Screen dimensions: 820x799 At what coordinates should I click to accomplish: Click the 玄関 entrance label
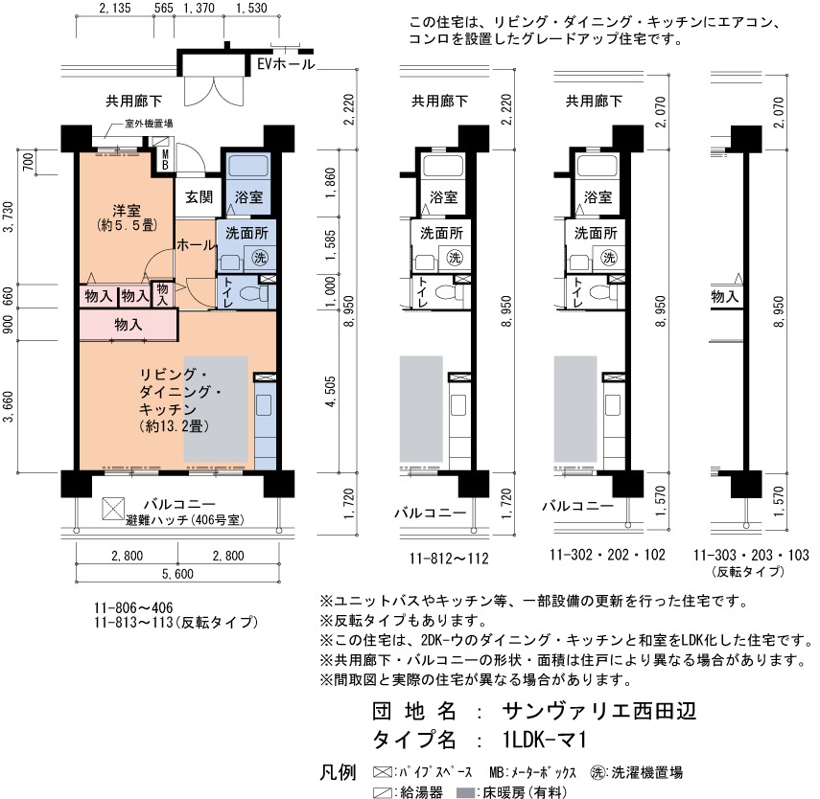click(x=199, y=197)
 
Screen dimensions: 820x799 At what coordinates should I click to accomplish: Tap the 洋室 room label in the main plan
click(x=127, y=211)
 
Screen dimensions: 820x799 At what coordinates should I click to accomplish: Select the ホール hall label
click(x=196, y=244)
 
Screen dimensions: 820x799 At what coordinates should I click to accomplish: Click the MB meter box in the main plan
click(x=165, y=159)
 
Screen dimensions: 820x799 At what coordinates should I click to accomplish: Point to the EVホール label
click(x=286, y=64)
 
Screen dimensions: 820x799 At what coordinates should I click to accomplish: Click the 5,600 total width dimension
click(x=177, y=574)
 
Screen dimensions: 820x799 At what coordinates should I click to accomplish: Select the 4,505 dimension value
click(x=331, y=392)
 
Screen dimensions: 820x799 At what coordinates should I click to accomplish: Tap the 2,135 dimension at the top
click(x=114, y=9)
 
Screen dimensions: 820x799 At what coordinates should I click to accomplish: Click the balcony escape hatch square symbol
click(x=113, y=509)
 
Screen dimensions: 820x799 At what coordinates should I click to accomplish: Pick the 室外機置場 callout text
click(x=149, y=124)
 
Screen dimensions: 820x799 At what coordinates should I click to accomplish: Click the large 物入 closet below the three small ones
click(x=129, y=325)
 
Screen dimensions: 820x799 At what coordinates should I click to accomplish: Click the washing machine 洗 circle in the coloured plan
click(x=259, y=257)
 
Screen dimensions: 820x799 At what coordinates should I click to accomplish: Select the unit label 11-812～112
click(x=449, y=559)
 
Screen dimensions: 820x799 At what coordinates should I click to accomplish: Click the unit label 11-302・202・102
click(x=607, y=555)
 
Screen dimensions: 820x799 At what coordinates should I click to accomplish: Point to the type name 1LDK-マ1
click(x=545, y=740)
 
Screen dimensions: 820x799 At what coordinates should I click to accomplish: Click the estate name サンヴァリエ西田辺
click(x=599, y=711)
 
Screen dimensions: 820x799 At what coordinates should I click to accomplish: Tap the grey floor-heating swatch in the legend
click(x=465, y=792)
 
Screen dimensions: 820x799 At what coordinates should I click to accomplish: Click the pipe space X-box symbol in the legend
click(x=383, y=772)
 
